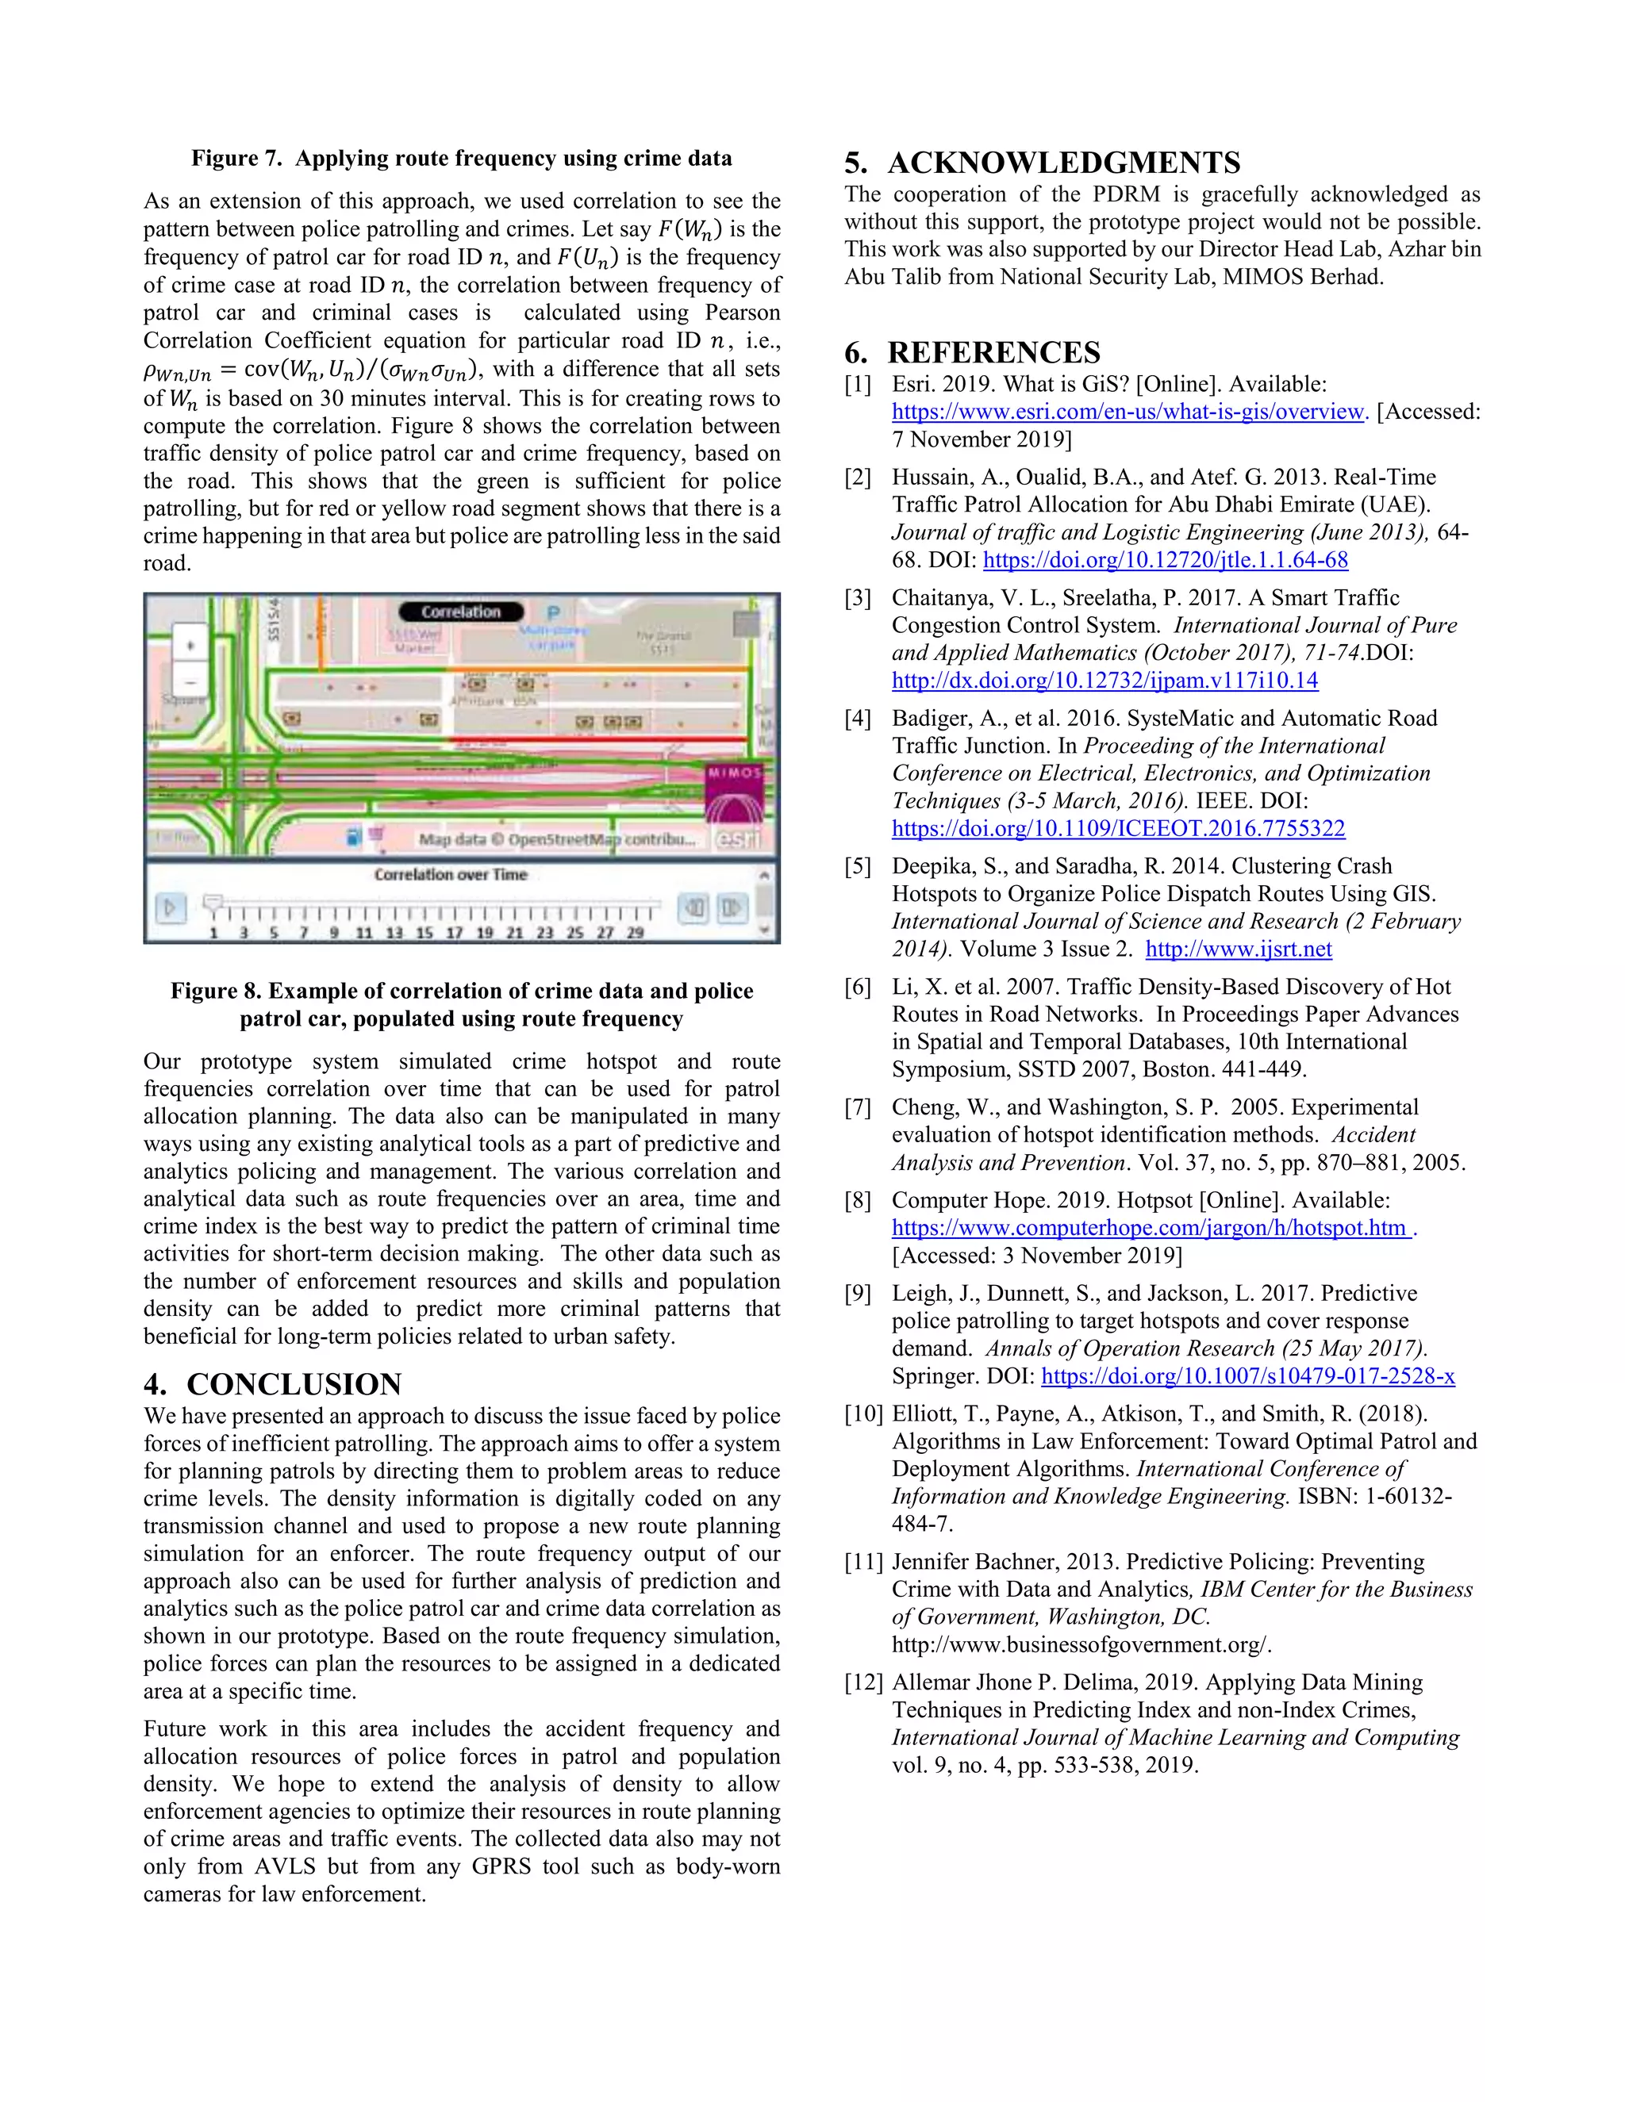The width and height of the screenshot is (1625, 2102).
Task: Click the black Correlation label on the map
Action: (460, 612)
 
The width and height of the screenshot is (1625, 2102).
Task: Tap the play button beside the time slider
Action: (171, 907)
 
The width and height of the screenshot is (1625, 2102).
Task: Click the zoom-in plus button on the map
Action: (190, 646)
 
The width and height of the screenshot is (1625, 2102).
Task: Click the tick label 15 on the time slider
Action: (424, 933)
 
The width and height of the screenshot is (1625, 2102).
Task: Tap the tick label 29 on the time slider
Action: (635, 933)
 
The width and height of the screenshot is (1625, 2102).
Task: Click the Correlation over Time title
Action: (451, 875)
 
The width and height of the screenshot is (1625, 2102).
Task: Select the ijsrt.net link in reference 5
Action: (1238, 949)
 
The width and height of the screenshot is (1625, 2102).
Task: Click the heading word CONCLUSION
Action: (294, 1384)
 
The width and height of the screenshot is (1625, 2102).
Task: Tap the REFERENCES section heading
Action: (993, 352)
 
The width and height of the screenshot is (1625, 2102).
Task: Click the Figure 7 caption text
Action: (461, 159)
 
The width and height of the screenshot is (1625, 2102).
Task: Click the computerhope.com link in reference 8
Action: (1150, 1228)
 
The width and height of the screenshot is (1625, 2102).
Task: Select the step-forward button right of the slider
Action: (732, 907)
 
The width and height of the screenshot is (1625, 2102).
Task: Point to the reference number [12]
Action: (862, 1682)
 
